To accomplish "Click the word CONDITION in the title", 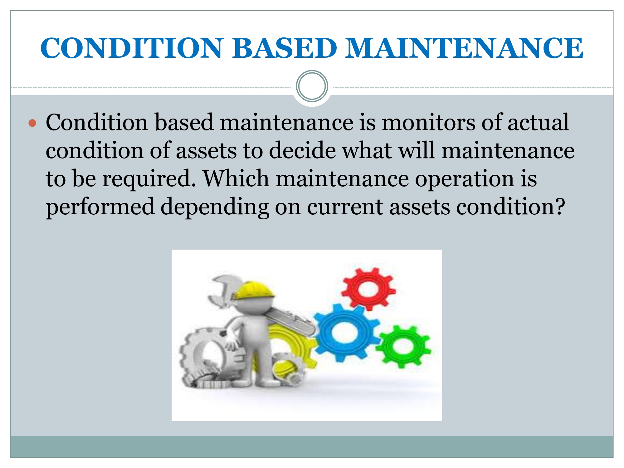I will (132, 48).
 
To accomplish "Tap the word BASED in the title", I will (285, 48).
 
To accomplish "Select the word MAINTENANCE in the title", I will (464, 48).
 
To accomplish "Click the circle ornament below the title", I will (312, 86).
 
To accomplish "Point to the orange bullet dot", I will (32, 123).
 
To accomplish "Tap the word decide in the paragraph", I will (302, 150).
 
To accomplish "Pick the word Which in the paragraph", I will (236, 178).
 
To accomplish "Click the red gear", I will (368, 289).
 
